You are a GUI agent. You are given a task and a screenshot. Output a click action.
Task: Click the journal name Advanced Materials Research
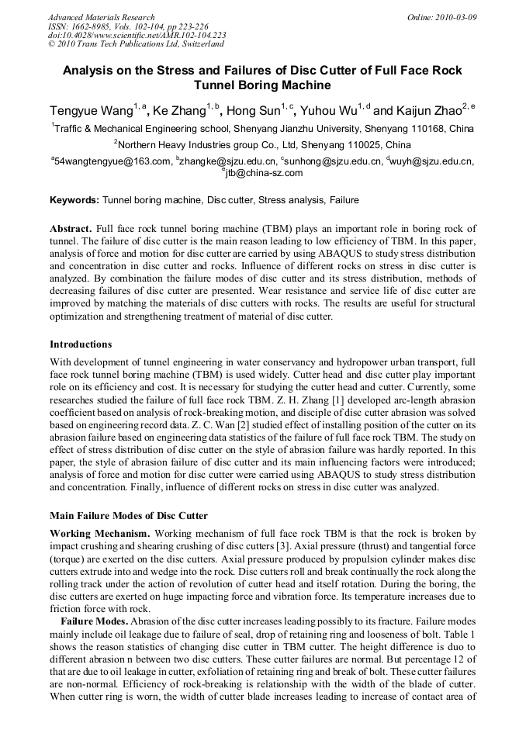(101, 17)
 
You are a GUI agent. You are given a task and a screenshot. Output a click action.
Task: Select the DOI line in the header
(137, 36)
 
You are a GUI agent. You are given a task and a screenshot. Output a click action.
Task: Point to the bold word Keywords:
(74, 200)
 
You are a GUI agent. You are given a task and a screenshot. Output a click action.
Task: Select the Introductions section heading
(81, 344)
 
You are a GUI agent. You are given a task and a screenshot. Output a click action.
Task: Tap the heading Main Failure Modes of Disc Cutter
(128, 516)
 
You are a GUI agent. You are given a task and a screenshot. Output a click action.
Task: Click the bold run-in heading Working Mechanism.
(101, 534)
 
